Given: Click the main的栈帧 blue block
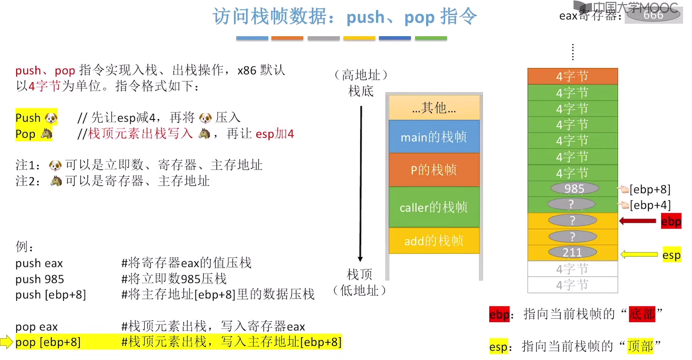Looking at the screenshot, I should click(x=434, y=137).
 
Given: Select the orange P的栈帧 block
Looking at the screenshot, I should click(x=434, y=170).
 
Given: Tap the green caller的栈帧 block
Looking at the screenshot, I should click(x=434, y=207).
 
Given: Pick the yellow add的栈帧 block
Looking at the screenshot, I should click(x=434, y=240).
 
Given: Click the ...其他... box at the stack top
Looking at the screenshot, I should click(x=434, y=108).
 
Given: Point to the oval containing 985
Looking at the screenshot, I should click(x=574, y=188).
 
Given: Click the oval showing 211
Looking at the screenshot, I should click(x=572, y=252).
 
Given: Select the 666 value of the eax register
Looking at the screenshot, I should click(x=653, y=15).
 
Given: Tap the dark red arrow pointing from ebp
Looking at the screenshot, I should click(x=638, y=221).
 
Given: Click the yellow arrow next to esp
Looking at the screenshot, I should click(x=639, y=255).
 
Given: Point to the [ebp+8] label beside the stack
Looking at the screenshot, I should click(x=650, y=189).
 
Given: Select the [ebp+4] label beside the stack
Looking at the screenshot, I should click(x=650, y=205).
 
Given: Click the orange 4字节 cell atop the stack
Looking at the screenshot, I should click(x=572, y=76).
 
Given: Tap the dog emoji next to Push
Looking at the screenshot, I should click(x=51, y=118).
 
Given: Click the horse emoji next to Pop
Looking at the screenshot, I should click(x=47, y=134).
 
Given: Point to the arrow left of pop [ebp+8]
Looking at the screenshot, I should click(x=6, y=342).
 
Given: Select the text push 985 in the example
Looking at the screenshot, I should click(x=40, y=279).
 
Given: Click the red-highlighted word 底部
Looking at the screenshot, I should click(x=642, y=314).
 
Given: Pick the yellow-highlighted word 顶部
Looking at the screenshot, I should click(x=640, y=346).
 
